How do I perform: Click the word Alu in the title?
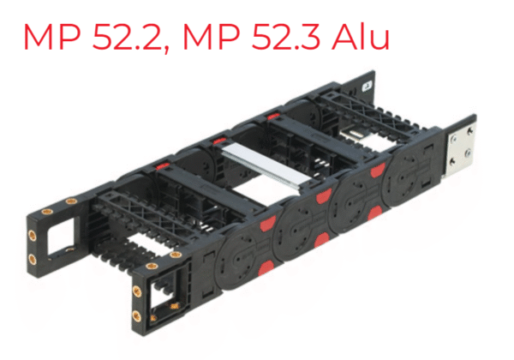(x=361, y=36)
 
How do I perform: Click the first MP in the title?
(x=52, y=36)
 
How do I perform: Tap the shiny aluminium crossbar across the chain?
(x=266, y=164)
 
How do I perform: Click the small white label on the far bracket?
(x=367, y=87)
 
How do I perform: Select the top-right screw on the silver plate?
(x=469, y=130)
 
